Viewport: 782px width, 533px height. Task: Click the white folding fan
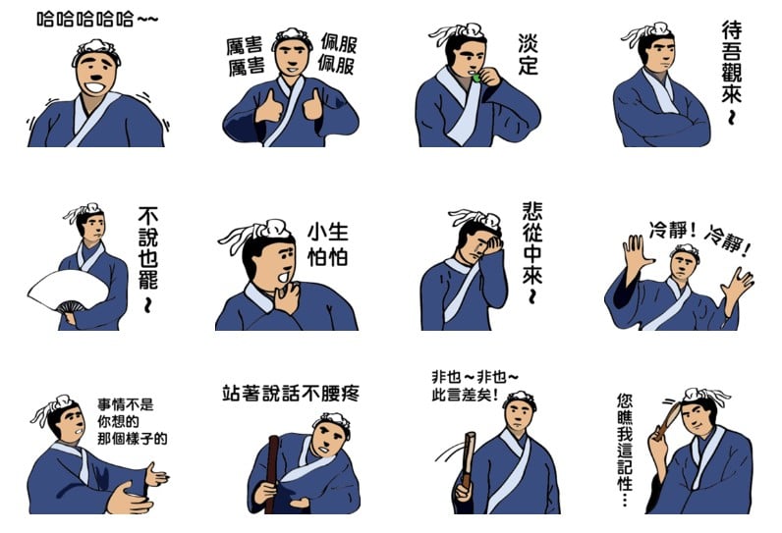68,291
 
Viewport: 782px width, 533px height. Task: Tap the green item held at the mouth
476,78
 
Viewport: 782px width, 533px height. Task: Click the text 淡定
529,54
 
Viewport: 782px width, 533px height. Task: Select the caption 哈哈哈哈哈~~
97,20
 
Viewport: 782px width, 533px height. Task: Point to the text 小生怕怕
328,244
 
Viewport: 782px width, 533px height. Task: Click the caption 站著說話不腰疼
291,393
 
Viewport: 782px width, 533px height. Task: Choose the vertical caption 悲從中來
532,251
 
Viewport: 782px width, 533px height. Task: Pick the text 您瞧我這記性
625,449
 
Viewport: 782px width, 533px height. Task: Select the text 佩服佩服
338,54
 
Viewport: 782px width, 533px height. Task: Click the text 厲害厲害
245,56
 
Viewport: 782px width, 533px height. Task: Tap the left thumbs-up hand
268,107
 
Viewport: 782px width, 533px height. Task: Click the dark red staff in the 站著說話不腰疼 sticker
272,474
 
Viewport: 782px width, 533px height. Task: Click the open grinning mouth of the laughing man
94,88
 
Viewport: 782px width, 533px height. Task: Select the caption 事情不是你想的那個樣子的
133,421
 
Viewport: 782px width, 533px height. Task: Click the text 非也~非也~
475,377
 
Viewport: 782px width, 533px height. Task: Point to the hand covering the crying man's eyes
490,244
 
